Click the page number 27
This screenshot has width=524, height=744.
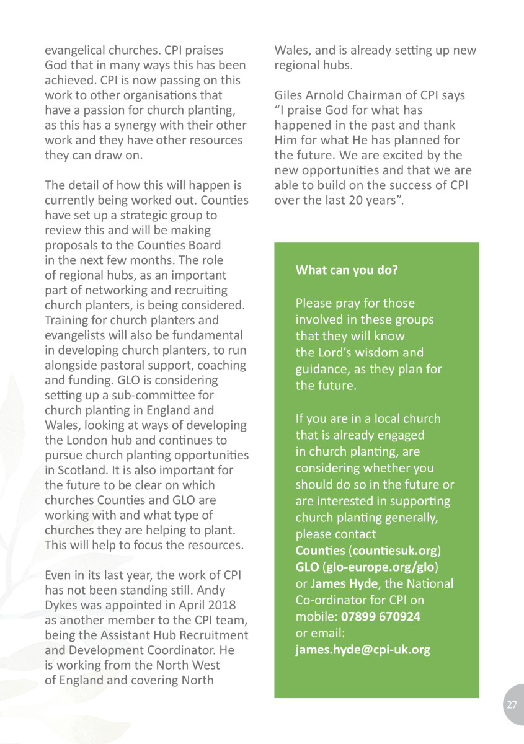point(512,705)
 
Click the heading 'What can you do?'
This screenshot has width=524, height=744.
point(347,270)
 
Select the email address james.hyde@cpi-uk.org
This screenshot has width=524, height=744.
point(363,650)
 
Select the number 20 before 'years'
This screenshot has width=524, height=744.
point(367,200)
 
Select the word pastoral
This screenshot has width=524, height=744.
point(123,365)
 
